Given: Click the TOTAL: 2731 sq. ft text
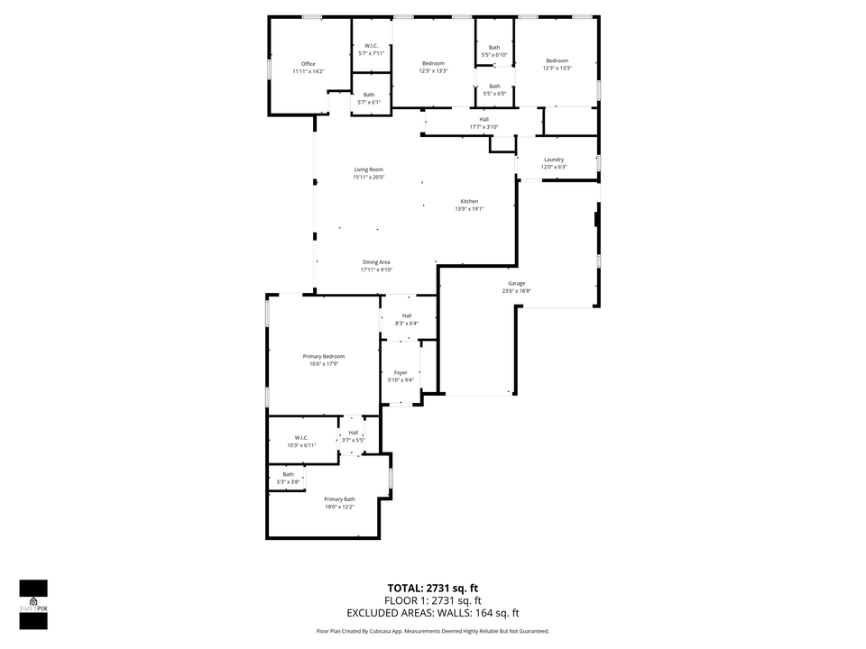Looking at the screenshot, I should point(432,587).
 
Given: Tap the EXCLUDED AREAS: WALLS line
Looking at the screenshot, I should point(432,613).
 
